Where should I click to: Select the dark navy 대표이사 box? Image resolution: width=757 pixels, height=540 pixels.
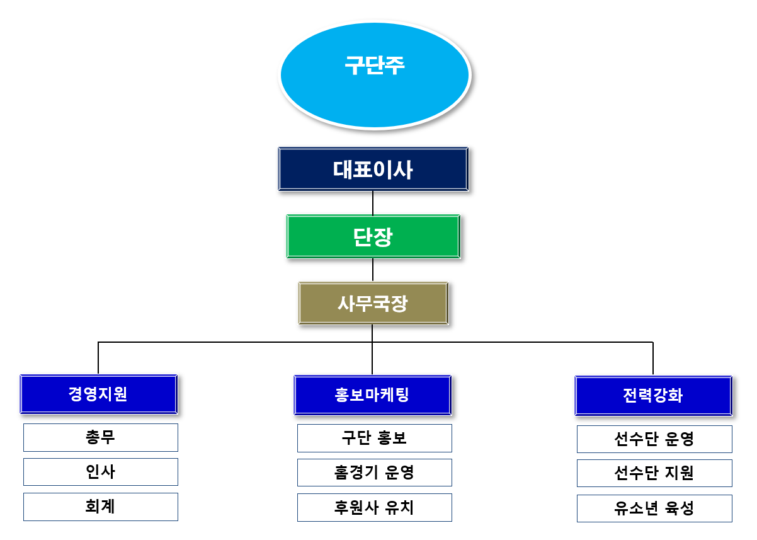click(373, 169)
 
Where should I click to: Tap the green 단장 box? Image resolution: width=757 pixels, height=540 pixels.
click(373, 236)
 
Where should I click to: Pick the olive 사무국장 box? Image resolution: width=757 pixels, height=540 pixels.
click(373, 303)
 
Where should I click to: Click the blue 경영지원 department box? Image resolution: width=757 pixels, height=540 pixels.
click(99, 394)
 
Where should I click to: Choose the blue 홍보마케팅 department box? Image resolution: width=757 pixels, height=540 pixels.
click(373, 395)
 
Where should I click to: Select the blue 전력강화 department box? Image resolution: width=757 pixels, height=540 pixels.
click(654, 396)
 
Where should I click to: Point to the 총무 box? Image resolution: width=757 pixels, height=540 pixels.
click(101, 437)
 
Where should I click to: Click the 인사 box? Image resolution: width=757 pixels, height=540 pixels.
click(101, 472)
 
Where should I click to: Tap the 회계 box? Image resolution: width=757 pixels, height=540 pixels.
click(101, 507)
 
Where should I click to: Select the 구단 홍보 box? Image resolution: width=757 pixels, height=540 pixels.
click(375, 438)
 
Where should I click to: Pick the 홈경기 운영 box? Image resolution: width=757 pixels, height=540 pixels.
click(375, 473)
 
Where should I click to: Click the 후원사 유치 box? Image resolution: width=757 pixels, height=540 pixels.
click(375, 507)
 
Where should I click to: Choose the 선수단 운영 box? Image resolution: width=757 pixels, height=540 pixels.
click(654, 439)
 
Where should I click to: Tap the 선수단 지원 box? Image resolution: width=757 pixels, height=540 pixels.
click(654, 473)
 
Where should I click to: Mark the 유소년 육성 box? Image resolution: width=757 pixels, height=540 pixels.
click(654, 508)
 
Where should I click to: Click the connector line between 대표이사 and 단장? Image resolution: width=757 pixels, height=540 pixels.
click(373, 202)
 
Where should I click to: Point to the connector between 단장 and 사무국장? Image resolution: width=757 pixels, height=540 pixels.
click(373, 270)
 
